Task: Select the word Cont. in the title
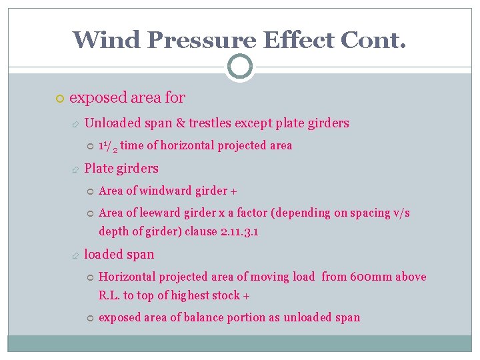click(372, 40)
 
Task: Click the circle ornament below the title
click(239, 66)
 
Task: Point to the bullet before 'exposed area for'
click(59, 99)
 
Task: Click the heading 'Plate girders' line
click(121, 168)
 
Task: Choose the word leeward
click(163, 213)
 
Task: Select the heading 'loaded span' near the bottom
click(119, 254)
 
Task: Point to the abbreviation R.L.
click(109, 295)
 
